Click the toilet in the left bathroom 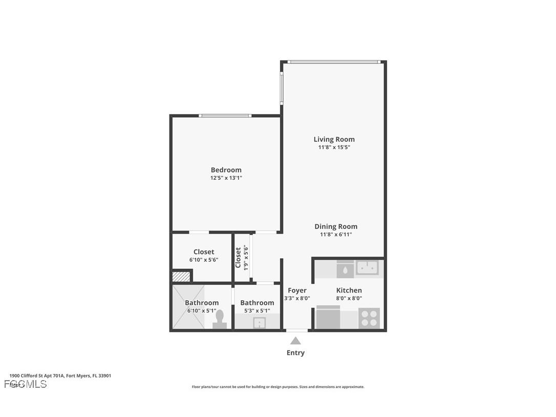pos(220,319)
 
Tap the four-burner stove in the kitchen pos(369,318)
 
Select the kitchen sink pos(367,267)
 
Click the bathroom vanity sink pos(260,323)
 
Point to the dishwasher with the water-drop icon pos(346,269)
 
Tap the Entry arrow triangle pos(295,341)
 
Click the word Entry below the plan pos(295,352)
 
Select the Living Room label pos(334,139)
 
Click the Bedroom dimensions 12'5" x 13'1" pos(226,178)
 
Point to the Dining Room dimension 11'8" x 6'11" pos(336,235)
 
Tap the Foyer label pos(297,290)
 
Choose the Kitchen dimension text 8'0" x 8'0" pos(349,298)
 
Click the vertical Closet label pos(238,257)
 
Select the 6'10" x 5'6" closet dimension pos(204,260)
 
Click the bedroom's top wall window pos(225,116)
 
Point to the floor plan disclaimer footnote pos(278,387)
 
